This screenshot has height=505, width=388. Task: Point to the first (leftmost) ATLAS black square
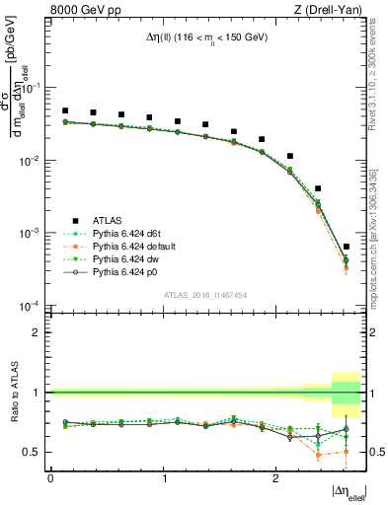click(65, 111)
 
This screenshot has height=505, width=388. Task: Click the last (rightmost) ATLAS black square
click(346, 247)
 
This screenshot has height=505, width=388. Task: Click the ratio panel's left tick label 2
click(38, 332)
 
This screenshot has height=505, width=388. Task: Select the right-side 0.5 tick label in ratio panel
click(376, 452)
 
